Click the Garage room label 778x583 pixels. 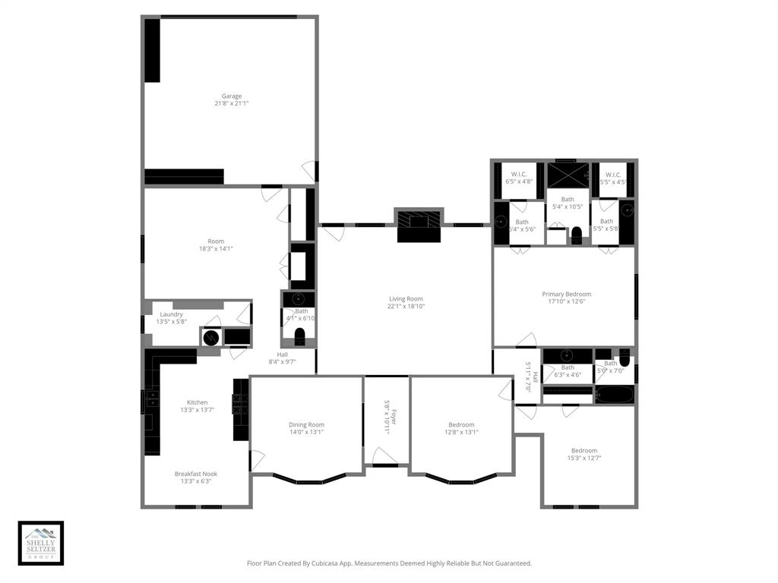point(232,96)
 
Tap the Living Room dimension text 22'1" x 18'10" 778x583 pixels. point(406,307)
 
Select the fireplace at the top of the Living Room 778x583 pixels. point(417,225)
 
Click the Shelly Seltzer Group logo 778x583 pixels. point(41,543)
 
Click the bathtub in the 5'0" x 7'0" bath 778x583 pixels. point(615,395)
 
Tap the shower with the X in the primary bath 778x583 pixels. point(568,175)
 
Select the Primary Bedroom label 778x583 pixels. point(566,294)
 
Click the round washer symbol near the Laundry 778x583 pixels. point(211,337)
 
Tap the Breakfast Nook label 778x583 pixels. point(195,474)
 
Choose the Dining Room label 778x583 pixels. point(306,424)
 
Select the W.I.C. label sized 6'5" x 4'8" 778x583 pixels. point(519,174)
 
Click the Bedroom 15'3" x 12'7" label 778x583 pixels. point(583,450)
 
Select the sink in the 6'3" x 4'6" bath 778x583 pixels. point(567,355)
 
